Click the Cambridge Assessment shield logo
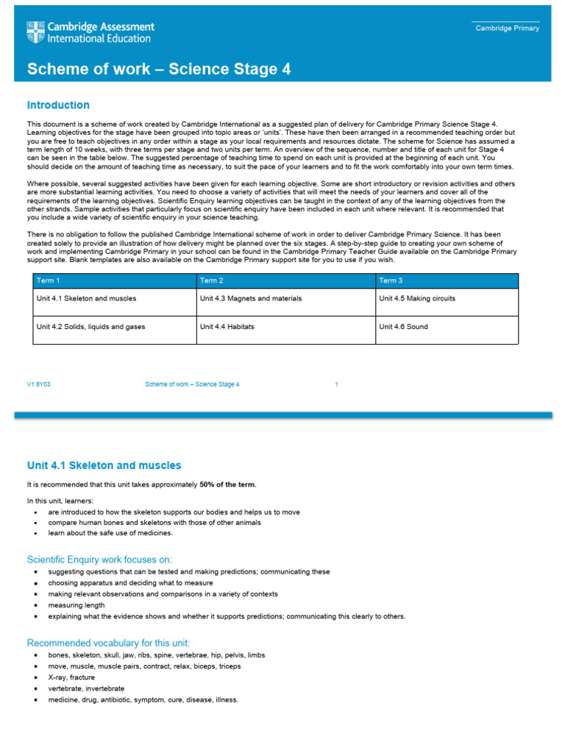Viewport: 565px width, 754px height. (x=35, y=32)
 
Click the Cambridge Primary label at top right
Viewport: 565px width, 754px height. (x=507, y=29)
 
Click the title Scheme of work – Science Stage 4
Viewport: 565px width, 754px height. (x=159, y=69)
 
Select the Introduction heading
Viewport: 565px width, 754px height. (x=58, y=105)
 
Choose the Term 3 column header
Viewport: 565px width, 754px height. (x=390, y=281)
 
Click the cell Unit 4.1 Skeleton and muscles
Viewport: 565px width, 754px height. (x=86, y=299)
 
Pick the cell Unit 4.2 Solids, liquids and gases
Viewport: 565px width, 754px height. (x=90, y=327)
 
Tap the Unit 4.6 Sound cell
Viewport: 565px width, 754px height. (x=403, y=327)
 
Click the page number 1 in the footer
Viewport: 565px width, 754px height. (x=336, y=384)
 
